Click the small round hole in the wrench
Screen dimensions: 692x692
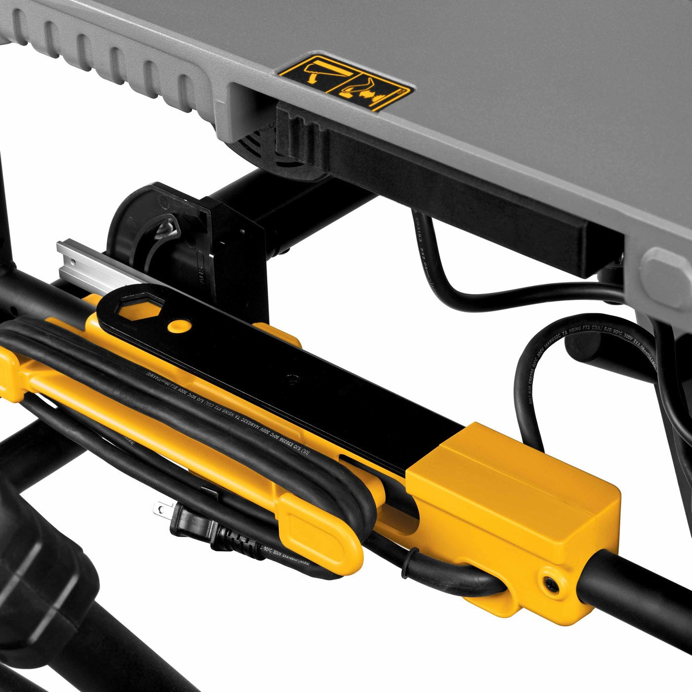coord(179,325)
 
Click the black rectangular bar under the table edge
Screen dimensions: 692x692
coord(445,188)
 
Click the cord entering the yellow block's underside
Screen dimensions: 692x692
coord(475,583)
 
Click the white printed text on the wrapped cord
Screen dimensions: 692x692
coord(237,420)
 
